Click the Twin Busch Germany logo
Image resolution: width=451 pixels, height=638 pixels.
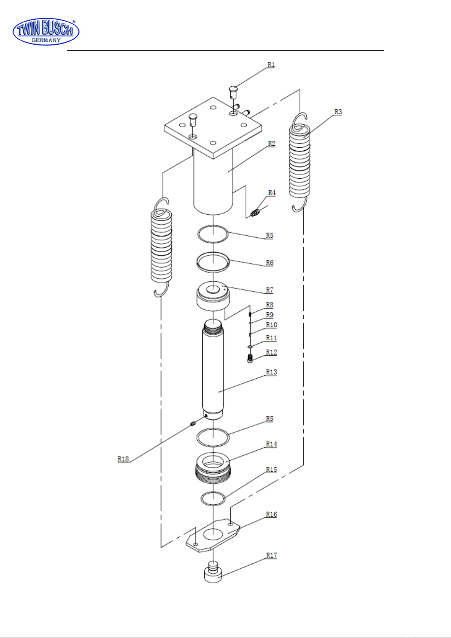click(46, 32)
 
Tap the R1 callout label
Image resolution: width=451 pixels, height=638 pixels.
click(271, 65)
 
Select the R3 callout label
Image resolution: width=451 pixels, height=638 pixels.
click(338, 112)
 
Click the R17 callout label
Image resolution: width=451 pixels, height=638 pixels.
click(271, 555)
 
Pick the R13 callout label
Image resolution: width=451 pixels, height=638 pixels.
click(271, 372)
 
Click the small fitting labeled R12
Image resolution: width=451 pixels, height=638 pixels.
click(250, 359)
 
